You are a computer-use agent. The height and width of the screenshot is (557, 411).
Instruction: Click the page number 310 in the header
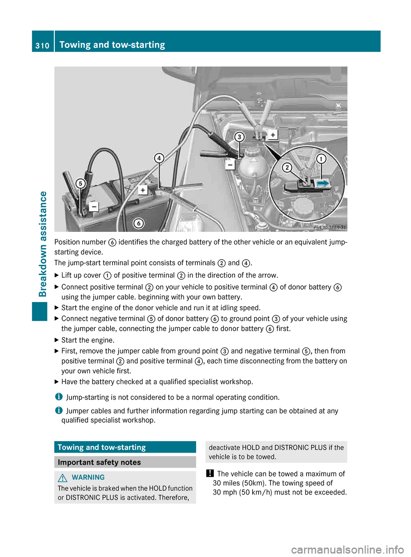42,45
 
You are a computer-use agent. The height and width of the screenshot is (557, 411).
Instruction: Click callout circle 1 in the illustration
321,159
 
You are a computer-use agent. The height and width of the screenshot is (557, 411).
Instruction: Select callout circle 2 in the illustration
287,167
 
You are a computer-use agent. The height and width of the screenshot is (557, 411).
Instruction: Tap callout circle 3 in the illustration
239,137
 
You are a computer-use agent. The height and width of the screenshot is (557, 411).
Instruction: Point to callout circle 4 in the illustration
159,158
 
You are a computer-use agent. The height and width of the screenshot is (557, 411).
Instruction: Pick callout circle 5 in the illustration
80,184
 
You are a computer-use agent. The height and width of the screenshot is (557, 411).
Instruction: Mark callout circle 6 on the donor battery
138,223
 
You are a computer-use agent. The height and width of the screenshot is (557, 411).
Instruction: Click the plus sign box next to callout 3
273,135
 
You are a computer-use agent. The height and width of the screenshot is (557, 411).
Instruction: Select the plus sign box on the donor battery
143,190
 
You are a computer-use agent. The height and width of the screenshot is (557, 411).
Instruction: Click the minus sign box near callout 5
93,207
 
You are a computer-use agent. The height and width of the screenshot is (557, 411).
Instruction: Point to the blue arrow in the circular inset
323,184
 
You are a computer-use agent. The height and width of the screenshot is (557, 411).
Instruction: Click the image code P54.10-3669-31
329,228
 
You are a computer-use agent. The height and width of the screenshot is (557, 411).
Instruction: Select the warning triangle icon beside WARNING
63,478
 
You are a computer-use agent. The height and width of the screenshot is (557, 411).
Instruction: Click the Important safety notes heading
99,462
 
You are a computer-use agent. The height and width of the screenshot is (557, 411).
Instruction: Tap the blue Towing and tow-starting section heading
102,447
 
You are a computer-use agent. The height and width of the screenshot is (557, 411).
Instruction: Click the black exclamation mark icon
210,474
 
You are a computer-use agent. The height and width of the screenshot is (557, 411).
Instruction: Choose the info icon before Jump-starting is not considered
59,397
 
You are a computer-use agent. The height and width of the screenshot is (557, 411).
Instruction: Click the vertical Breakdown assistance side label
43,244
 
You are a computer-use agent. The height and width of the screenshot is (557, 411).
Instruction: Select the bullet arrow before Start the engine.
57,340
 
